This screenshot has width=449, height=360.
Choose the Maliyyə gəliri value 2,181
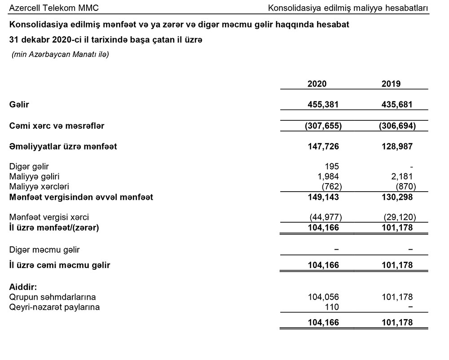pos(403,176)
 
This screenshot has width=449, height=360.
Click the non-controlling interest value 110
pos(332,307)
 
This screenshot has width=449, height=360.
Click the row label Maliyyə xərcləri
pos(39,186)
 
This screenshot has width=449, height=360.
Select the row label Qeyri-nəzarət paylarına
pos(54,307)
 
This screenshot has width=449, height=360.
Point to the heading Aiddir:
pos(23,287)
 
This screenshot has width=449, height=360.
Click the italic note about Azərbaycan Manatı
pos(60,55)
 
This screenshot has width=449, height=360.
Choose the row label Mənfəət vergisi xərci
pos(49,218)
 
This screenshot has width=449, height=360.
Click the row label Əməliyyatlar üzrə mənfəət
pos(63,147)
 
